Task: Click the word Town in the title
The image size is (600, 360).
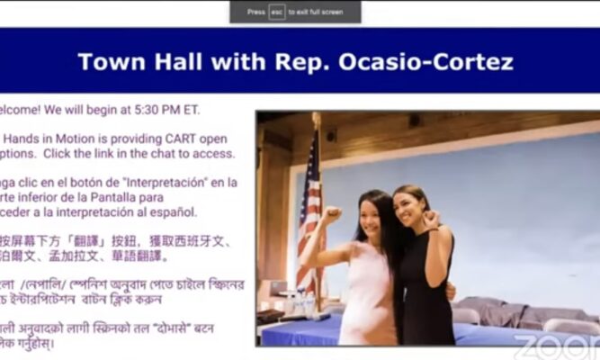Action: [104, 62]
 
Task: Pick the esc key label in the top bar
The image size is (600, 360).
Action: [277, 12]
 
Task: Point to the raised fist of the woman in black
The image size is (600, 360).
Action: [431, 218]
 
